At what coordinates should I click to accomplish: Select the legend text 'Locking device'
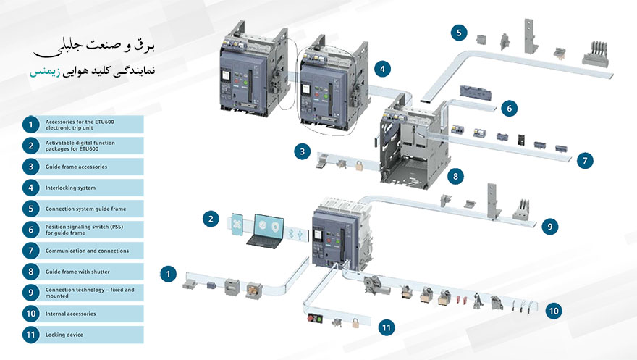(64, 335)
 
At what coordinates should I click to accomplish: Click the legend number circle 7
(30, 251)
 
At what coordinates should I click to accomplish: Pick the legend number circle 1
(30, 125)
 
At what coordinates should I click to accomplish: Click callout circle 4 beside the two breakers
(384, 70)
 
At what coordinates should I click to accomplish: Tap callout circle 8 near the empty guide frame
(455, 175)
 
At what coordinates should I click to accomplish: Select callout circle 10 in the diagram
(554, 310)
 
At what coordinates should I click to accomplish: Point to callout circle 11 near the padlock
(388, 328)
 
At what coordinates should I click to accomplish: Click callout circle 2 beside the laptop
(210, 218)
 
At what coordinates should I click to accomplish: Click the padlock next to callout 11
(355, 323)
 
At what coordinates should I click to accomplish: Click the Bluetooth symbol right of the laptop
(290, 234)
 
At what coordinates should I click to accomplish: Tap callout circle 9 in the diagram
(550, 227)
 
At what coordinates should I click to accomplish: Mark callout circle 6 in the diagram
(509, 109)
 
